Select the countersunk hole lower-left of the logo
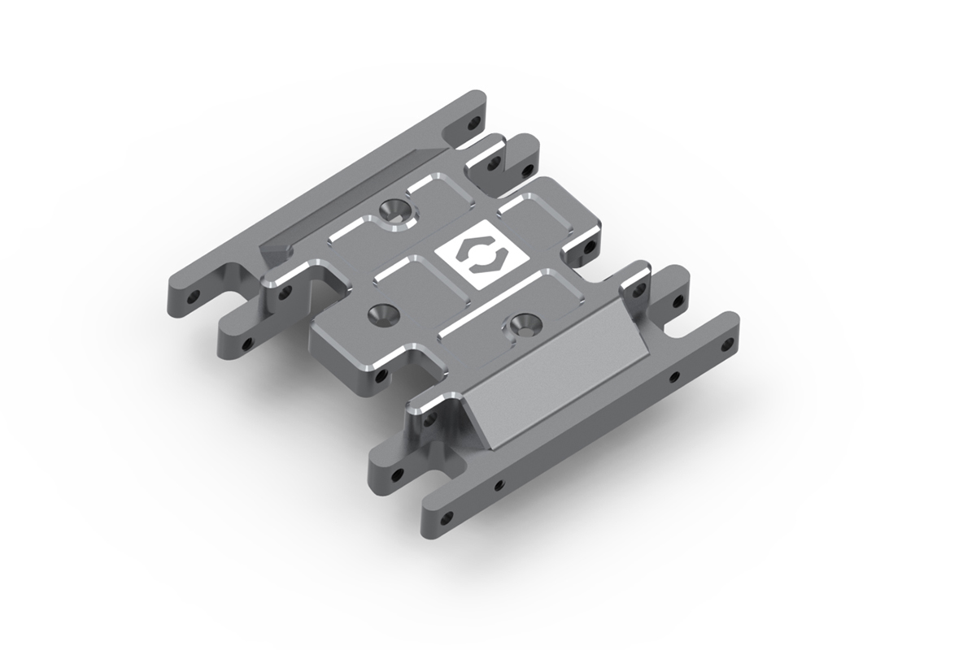pyautogui.click(x=380, y=313)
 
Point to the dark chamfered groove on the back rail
pyautogui.click(x=342, y=203)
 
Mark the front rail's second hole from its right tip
pyautogui.click(x=673, y=376)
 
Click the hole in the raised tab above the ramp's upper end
pyautogui.click(x=634, y=285)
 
